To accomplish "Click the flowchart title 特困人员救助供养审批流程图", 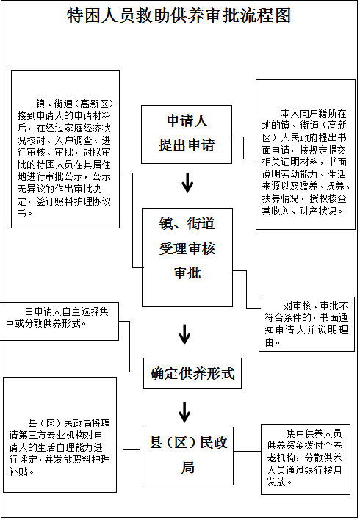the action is pyautogui.click(x=179, y=15).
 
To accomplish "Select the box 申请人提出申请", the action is pyautogui.click(x=187, y=134).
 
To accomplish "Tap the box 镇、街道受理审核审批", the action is pyautogui.click(x=187, y=257).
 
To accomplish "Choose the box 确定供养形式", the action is pyautogui.click(x=192, y=373).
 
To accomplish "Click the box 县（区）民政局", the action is pyautogui.click(x=188, y=456).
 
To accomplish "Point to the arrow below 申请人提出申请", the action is pyautogui.click(x=187, y=183).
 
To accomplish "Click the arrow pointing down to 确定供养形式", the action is pyautogui.click(x=185, y=334).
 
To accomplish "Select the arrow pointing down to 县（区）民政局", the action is pyautogui.click(x=184, y=413).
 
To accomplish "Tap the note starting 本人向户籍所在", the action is pyautogui.click(x=305, y=154).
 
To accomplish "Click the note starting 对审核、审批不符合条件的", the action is pyautogui.click(x=306, y=324).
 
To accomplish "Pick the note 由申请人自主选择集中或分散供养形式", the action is pyautogui.click(x=59, y=321).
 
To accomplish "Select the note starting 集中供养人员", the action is pyautogui.click(x=306, y=459).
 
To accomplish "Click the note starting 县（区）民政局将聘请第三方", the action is pyautogui.click(x=60, y=435).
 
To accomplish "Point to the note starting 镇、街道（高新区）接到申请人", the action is pyautogui.click(x=65, y=149).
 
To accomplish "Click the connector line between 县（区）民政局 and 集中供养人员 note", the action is pyautogui.click(x=248, y=451).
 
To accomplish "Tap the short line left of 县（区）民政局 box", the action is pyautogui.click(x=132, y=449).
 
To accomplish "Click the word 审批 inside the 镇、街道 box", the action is pyautogui.click(x=187, y=272).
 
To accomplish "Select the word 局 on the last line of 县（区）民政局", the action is pyautogui.click(x=188, y=467).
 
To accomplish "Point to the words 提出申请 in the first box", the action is pyautogui.click(x=187, y=145).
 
